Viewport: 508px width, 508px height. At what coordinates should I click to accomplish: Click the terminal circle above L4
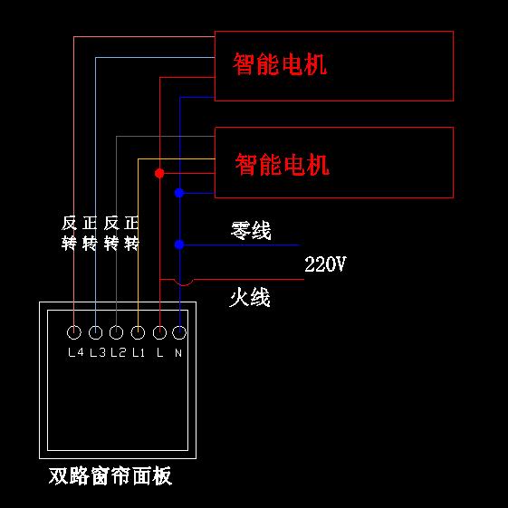(74, 332)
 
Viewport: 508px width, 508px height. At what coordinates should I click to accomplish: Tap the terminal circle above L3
(95, 332)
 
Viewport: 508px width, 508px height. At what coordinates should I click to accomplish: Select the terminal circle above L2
(116, 332)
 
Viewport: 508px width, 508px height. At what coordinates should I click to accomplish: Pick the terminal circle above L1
(138, 332)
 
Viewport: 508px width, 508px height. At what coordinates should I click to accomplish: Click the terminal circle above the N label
(179, 332)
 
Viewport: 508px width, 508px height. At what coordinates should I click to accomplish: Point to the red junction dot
(159, 173)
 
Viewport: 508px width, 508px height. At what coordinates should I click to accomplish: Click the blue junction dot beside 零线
(179, 244)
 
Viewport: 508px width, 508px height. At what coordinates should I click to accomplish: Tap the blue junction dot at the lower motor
(179, 193)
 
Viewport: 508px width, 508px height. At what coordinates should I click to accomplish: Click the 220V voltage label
(325, 264)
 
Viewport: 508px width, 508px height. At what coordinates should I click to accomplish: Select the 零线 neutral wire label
(251, 230)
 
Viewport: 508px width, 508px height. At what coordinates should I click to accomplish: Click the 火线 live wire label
(250, 297)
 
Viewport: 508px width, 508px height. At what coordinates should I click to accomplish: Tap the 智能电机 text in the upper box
(280, 63)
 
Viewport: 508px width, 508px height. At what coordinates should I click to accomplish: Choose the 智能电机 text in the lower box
(283, 165)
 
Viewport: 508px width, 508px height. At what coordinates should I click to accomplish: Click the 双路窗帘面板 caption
(110, 475)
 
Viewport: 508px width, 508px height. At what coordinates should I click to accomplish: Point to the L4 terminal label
(76, 352)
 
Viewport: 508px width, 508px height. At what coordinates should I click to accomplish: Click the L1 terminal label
(139, 352)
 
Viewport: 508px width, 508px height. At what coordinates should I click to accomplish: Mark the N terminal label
(178, 352)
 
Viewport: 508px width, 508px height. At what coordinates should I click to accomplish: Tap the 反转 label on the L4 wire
(69, 233)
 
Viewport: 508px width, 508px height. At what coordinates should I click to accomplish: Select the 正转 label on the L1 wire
(131, 233)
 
